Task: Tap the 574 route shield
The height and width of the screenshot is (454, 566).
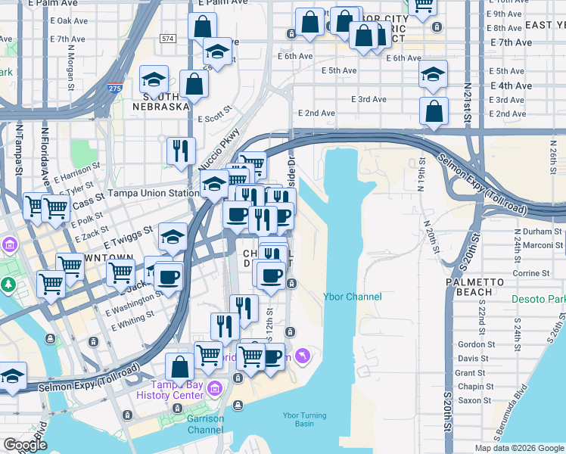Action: coord(167,38)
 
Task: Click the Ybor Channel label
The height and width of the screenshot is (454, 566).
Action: coord(352,297)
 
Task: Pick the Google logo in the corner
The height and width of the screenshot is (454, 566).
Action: coord(25,445)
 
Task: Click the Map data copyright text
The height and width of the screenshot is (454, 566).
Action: coord(519,448)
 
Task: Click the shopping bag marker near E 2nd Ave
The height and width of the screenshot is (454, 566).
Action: coord(434,110)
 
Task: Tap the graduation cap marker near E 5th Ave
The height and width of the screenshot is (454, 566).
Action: coord(434,75)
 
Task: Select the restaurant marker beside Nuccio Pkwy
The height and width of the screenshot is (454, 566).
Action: coord(181,151)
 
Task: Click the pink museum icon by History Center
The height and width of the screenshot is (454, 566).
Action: coord(216,389)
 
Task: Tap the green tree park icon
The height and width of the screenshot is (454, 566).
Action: coord(8,285)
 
